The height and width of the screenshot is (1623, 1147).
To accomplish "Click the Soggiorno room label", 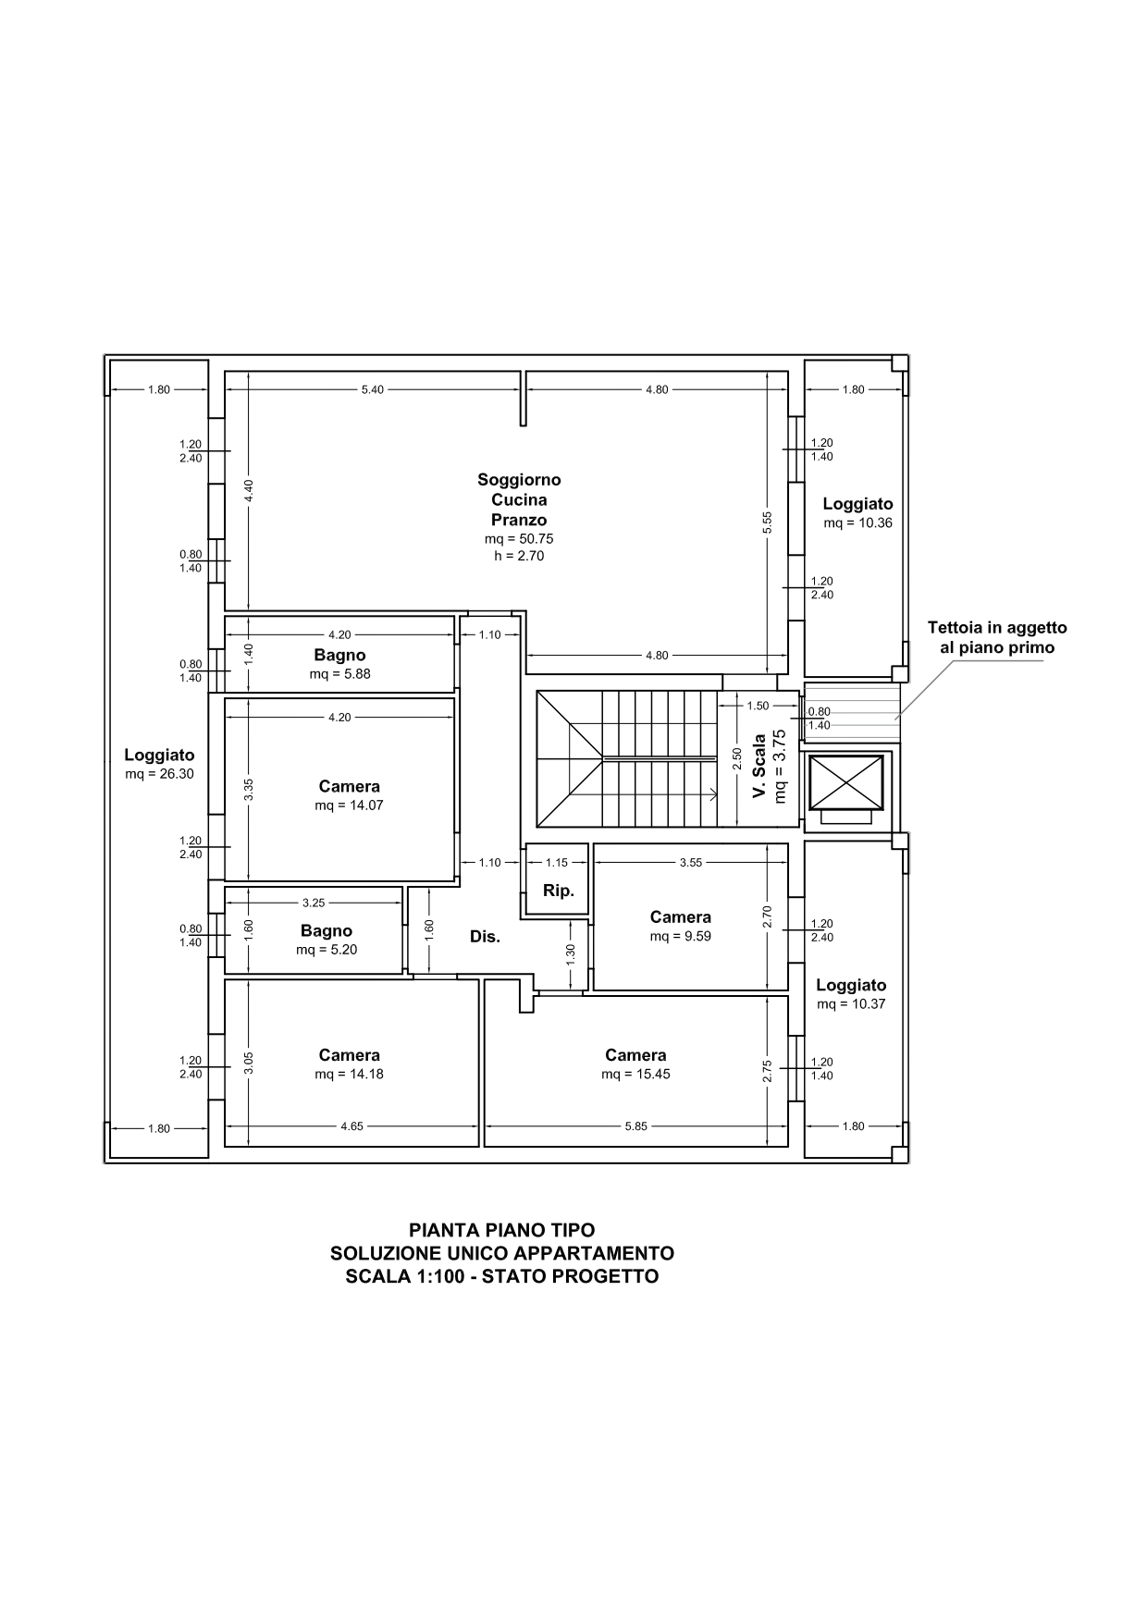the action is [x=519, y=480].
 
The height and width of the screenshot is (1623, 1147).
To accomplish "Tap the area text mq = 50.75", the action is [x=519, y=538].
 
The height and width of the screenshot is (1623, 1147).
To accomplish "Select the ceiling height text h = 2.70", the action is [x=519, y=556].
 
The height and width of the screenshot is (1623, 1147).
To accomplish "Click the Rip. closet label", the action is [x=558, y=891].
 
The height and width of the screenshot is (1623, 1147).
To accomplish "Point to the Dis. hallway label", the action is [x=485, y=936].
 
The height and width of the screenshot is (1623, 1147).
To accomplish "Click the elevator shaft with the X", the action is [x=846, y=782].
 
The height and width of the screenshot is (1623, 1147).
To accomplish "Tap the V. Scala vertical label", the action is [x=759, y=767].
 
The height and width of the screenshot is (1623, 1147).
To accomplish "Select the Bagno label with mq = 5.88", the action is [x=339, y=656].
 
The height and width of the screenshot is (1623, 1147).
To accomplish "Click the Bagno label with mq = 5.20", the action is [x=326, y=931].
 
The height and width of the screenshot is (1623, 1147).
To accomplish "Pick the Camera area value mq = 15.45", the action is [x=635, y=1074].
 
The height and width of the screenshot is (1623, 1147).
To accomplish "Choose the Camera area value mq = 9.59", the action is [x=680, y=936].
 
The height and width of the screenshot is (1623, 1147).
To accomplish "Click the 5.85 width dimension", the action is [x=636, y=1126].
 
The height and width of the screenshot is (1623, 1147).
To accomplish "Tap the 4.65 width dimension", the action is [x=351, y=1126].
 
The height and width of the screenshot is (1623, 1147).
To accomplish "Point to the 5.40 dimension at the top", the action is [x=372, y=389].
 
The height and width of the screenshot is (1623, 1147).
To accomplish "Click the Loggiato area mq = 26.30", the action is [x=160, y=774].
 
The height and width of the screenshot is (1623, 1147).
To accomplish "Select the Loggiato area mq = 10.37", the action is [x=851, y=1004].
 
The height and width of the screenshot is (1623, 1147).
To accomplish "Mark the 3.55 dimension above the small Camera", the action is [x=691, y=862].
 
